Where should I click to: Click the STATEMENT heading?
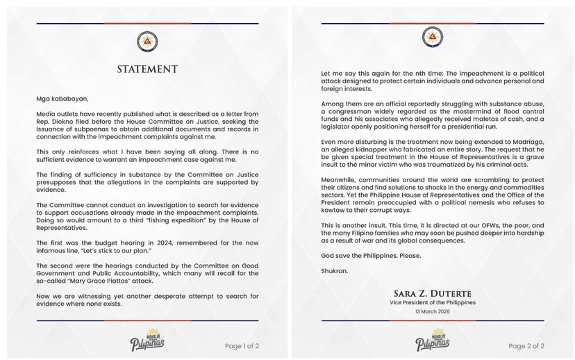pos(147,69)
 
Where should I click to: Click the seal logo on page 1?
pos(147,40)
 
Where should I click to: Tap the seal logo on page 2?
pos(433,38)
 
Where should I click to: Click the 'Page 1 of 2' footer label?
pos(242,345)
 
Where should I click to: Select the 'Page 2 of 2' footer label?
pos(526,345)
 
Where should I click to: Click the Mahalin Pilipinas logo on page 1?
pos(147,341)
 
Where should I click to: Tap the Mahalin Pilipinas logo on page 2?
pos(433,341)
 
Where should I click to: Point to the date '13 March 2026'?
pos(433,311)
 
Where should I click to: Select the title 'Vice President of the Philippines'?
pos(433,302)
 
